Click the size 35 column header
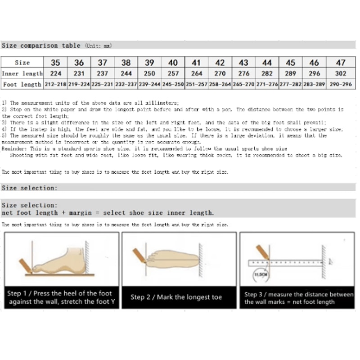pos(55,63)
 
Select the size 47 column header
pos(341,63)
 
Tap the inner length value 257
pos(173,73)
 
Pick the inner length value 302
pos(341,73)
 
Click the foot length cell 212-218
pos(55,84)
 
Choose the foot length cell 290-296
pos(341,84)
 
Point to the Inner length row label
pos(22,73)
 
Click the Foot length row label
pos(22,84)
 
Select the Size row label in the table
pos(22,63)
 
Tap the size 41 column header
pos(196,63)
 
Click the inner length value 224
pos(55,73)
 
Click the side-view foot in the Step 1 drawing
pos(58,261)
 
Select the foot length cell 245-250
pos(173,84)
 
